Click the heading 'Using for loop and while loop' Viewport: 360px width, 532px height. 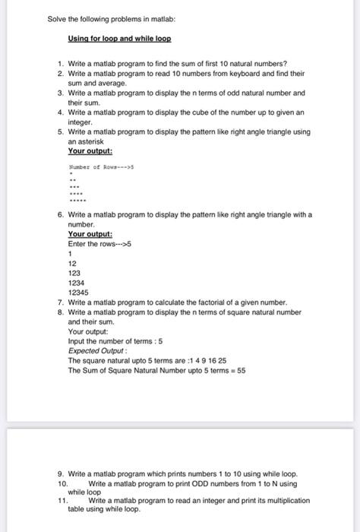pos(120,37)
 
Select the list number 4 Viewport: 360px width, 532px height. pos(60,112)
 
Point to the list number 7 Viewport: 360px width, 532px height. pos(60,302)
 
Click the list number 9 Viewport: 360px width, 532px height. pos(60,473)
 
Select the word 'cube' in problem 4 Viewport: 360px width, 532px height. pos(200,112)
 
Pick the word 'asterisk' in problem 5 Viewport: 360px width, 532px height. pos(83,141)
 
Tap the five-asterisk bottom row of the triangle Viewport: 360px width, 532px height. pos(77,202)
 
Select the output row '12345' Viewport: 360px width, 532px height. pos(78,291)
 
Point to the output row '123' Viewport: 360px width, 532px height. pos(74,272)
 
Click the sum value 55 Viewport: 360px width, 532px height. pos(241,371)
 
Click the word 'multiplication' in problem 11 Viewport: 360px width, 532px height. pos(286,501)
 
